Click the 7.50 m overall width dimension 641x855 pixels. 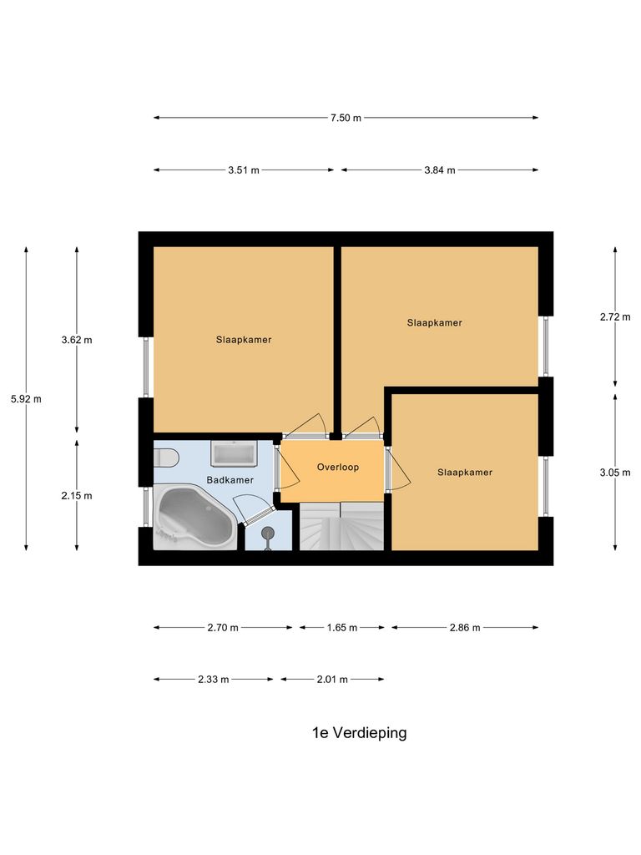(x=346, y=118)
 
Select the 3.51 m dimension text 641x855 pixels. (x=244, y=170)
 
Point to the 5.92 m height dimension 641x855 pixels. (x=26, y=399)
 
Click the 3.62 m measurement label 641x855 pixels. (x=77, y=341)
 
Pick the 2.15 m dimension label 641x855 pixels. (x=77, y=496)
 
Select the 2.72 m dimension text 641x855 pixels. (x=615, y=317)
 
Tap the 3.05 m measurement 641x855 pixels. (x=615, y=473)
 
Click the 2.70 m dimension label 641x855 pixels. (x=223, y=628)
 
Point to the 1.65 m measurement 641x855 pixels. (x=342, y=628)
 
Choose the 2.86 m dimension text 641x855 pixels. (x=465, y=628)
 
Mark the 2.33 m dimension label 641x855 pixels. (x=213, y=680)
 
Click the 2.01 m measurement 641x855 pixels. (x=332, y=680)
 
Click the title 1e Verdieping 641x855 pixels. (x=359, y=733)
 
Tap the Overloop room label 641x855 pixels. (x=337, y=468)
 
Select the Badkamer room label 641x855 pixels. (x=230, y=481)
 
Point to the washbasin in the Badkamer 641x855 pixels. (x=235, y=453)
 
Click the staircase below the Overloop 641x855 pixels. (x=341, y=527)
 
